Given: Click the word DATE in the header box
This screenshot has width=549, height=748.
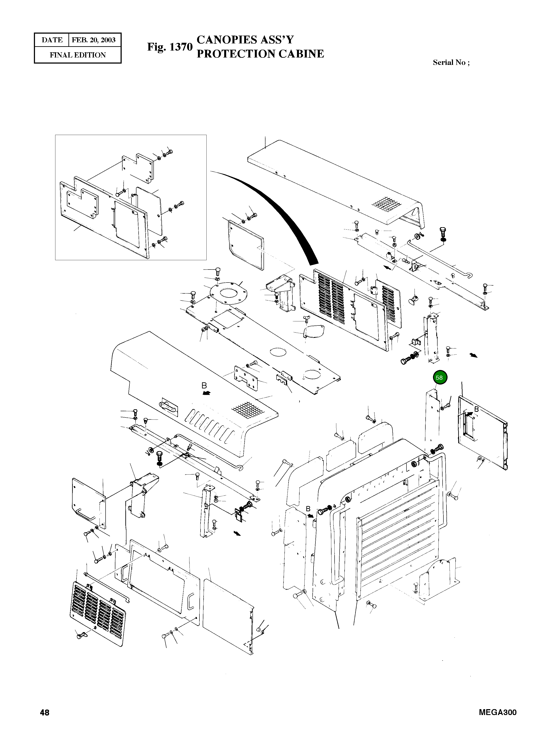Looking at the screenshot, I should coord(52,40).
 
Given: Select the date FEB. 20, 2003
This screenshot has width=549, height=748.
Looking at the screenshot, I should coord(94,40).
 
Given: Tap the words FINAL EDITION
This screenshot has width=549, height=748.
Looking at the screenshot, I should coord(78,55).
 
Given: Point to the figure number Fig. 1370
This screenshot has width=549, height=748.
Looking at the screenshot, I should coord(170,47).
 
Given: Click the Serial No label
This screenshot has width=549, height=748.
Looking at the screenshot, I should coord(451,62).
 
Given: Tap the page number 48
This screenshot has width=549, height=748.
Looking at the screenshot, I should coord(45,712).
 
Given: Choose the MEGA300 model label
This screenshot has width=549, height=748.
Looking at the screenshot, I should coord(498,712).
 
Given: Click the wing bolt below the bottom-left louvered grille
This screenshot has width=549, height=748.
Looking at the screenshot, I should coord(81,636).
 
